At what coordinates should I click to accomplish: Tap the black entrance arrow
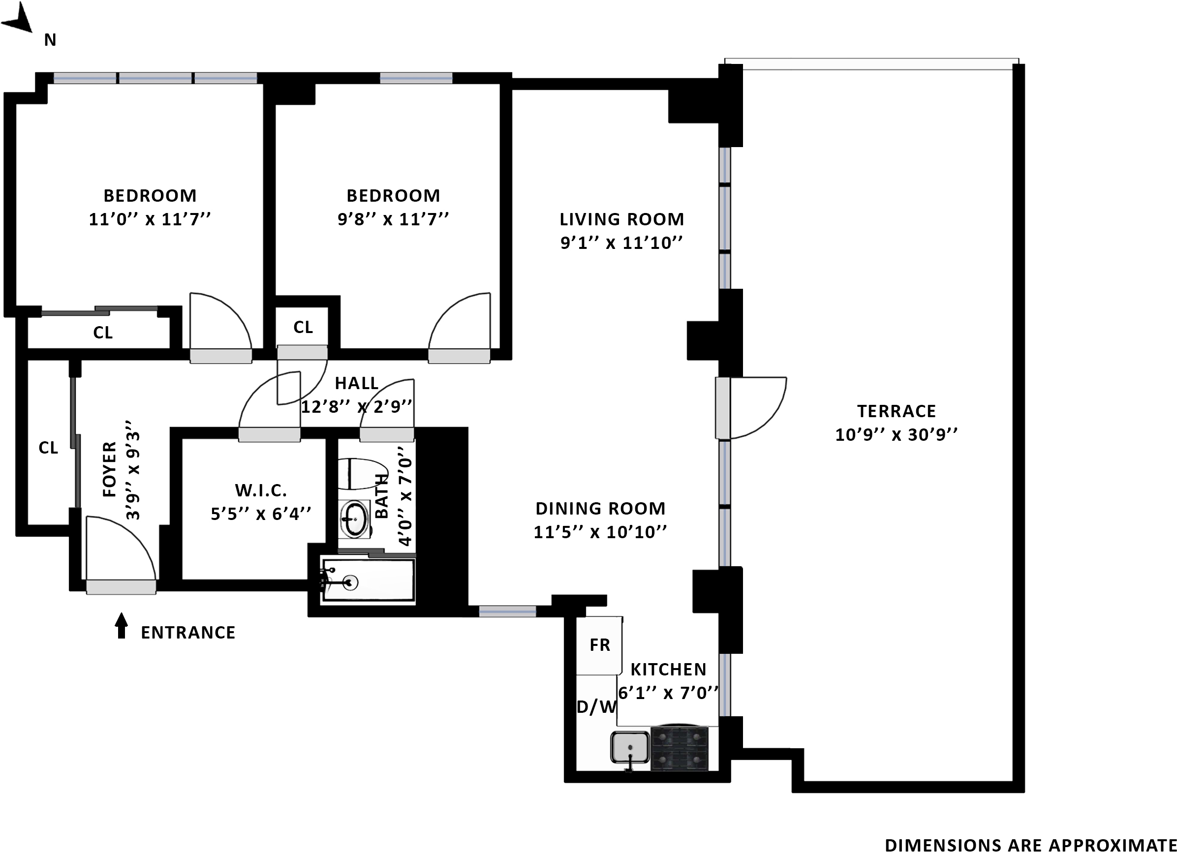122,625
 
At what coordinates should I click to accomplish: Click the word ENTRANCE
188,633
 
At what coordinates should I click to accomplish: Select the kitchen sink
630,747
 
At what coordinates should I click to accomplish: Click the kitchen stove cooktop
680,748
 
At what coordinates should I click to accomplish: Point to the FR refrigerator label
600,645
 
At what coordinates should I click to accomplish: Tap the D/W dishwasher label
597,706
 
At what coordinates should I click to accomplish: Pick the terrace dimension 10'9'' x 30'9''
896,434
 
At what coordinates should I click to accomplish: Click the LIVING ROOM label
621,219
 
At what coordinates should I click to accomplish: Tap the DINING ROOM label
600,509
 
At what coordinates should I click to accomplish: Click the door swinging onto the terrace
751,407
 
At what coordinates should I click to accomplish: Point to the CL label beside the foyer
48,447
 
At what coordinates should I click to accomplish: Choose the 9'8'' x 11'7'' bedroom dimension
393,219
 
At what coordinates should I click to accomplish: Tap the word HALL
357,383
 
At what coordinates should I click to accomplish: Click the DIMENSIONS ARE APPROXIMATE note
1030,845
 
